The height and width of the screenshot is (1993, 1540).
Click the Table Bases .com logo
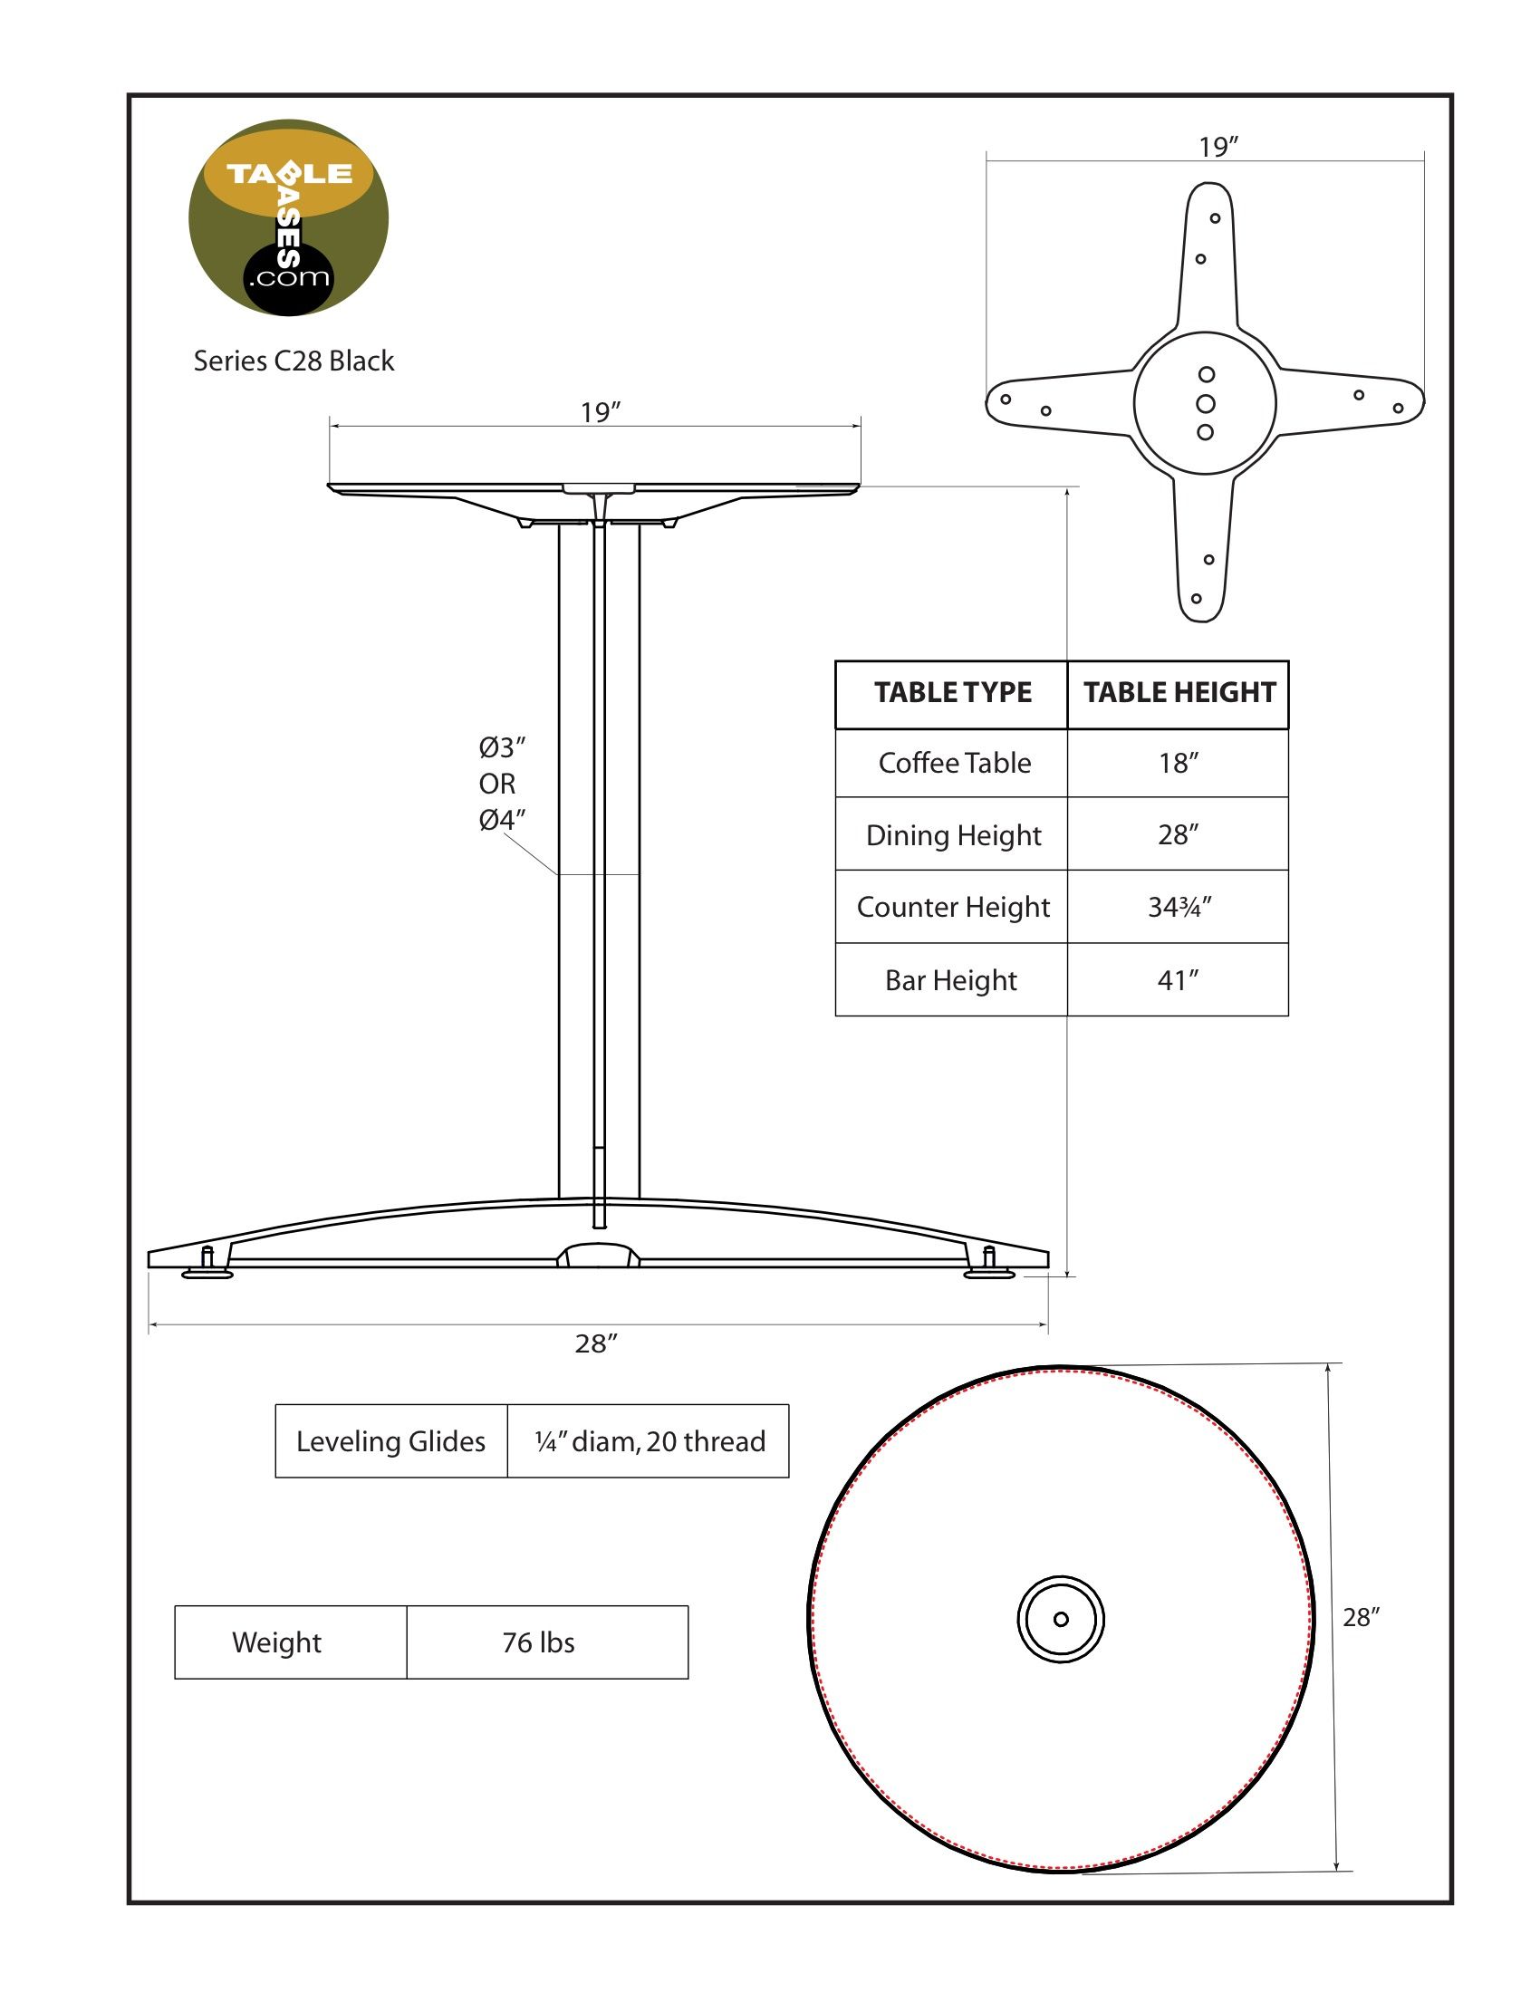(x=288, y=218)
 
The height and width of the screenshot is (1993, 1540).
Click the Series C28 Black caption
(x=294, y=361)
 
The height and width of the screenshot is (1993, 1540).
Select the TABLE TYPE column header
(x=951, y=693)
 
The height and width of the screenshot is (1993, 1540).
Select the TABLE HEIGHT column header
(x=1179, y=693)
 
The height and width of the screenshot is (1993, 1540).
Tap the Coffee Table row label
(x=953, y=763)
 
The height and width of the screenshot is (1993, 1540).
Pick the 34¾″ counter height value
(x=1179, y=907)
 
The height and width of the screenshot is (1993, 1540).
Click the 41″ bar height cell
(x=1178, y=980)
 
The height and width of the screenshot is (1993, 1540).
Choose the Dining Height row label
(x=952, y=835)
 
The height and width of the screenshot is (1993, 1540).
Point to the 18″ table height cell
(x=1178, y=763)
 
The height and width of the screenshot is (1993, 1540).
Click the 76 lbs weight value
(x=538, y=1642)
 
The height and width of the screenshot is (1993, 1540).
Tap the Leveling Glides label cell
(x=390, y=1442)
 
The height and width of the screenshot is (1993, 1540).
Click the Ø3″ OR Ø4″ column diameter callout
(x=501, y=784)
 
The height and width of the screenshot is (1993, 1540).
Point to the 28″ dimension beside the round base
(x=1361, y=1617)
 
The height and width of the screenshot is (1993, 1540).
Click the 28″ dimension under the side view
(x=597, y=1343)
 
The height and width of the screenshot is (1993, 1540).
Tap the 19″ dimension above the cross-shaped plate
(x=1218, y=147)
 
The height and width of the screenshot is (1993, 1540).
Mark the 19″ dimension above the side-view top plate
(x=601, y=413)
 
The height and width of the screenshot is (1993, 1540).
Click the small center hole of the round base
(x=1060, y=1619)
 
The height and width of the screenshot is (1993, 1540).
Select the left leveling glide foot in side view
(x=207, y=1268)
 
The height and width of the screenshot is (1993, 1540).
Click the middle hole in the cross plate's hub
(x=1205, y=403)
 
